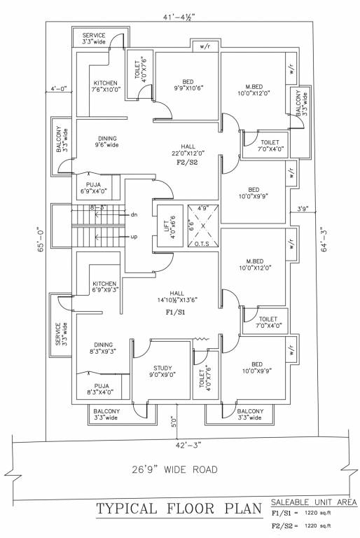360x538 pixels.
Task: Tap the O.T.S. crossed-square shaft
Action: click(x=203, y=226)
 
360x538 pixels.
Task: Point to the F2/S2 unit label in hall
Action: click(x=187, y=162)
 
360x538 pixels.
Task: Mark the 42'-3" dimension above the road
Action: click(x=183, y=443)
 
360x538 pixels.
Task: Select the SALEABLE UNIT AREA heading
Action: click(x=312, y=502)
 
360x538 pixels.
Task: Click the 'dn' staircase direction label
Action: click(x=134, y=214)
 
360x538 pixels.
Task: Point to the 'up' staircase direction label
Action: click(x=134, y=237)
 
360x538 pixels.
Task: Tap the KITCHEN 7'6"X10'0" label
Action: click(x=105, y=86)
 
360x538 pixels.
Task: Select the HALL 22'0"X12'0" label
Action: click(x=187, y=150)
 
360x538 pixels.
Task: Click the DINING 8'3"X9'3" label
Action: click(x=103, y=348)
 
